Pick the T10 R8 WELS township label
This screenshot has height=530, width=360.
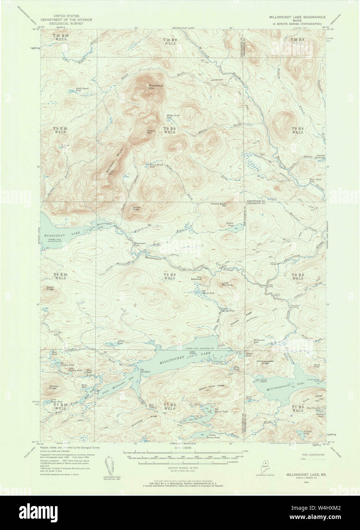click(x=297, y=42)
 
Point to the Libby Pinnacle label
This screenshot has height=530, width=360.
click(x=227, y=284)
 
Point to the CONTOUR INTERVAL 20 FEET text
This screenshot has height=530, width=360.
click(x=180, y=467)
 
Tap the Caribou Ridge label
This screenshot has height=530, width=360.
click(x=53, y=387)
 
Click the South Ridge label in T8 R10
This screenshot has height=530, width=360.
click(x=50, y=289)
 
